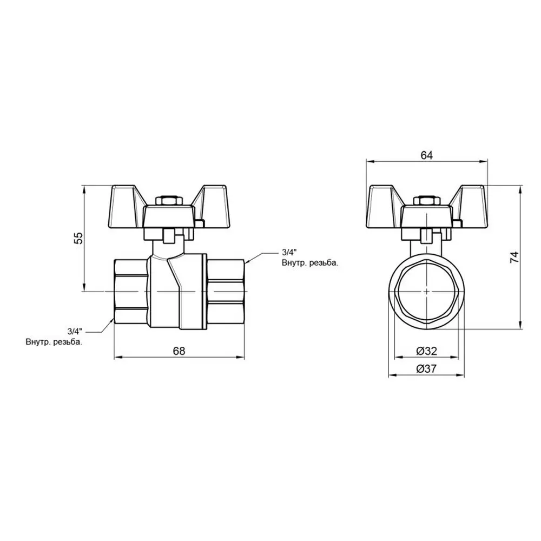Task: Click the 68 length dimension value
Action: pyautogui.click(x=179, y=351)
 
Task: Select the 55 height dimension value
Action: pyautogui.click(x=78, y=238)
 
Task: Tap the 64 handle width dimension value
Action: pyautogui.click(x=426, y=155)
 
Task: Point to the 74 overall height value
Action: pyautogui.click(x=514, y=257)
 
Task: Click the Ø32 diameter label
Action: pyautogui.click(x=426, y=351)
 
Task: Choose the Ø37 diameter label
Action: pyautogui.click(x=426, y=369)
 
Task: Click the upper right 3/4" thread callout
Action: pyautogui.click(x=289, y=252)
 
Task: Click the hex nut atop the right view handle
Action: pyautogui.click(x=426, y=201)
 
